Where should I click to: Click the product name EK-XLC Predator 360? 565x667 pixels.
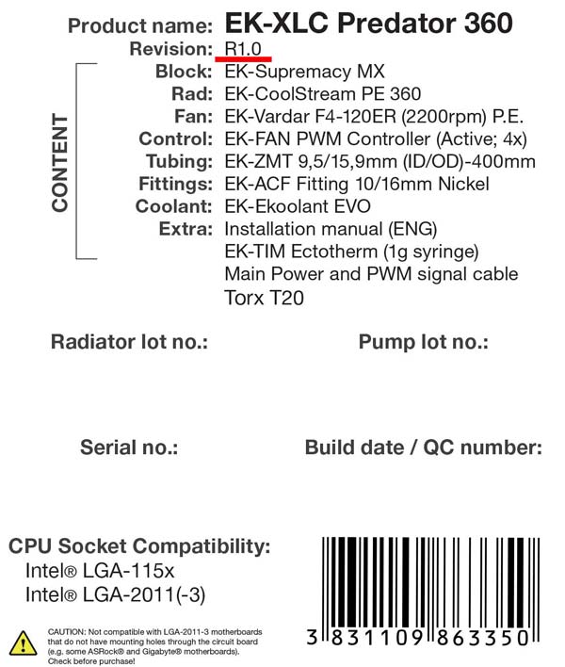pos(369,24)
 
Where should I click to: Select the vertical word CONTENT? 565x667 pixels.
pos(60,162)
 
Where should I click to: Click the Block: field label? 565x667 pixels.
pos(184,71)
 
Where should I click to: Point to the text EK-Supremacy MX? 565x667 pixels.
pos(305,71)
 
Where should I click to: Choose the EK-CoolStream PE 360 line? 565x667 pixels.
pos(322,93)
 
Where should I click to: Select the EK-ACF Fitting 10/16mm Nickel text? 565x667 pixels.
pos(357,184)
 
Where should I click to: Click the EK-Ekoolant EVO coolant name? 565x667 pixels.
pos(298,206)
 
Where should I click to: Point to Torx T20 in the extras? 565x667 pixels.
pos(264,298)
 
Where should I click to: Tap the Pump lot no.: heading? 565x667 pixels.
pos(423,342)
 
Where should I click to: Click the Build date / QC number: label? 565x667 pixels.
pos(423,447)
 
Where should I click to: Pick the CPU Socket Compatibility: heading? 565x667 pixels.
pos(139,546)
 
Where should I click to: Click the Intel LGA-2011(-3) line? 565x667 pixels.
pos(115,594)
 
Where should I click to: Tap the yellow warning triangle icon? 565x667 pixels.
pos(23,643)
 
